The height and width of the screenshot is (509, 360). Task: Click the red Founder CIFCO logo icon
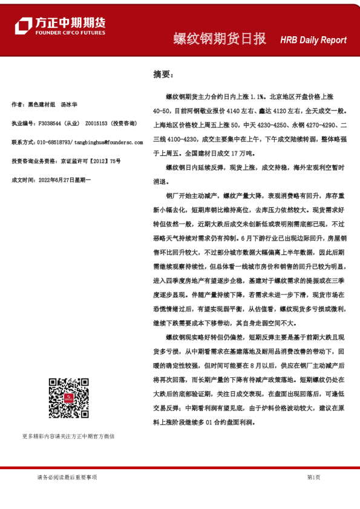coord(23,25)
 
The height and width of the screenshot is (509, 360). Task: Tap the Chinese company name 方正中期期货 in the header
coord(70,21)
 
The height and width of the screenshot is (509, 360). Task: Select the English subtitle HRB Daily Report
coord(313,40)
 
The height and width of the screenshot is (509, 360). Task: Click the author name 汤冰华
coord(70,105)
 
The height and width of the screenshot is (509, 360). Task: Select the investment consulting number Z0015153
coord(96,123)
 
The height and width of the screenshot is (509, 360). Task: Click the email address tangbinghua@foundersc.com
coord(108,142)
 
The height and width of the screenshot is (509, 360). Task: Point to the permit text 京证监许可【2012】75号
coord(90,161)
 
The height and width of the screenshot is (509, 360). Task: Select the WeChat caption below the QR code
coord(68,436)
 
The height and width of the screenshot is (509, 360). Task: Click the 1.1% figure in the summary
coord(257,96)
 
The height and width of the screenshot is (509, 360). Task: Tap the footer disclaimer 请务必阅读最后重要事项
coord(67,478)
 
